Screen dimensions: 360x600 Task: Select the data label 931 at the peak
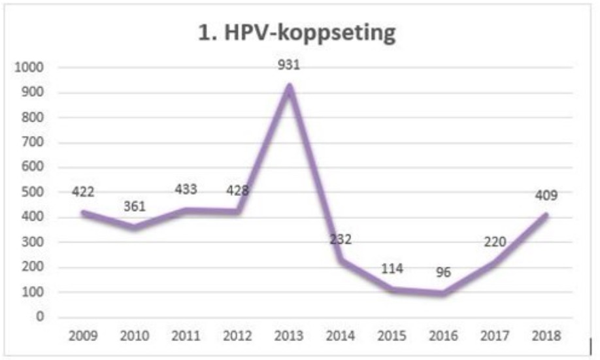288,68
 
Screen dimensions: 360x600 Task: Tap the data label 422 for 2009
83,193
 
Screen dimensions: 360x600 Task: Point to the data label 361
134,208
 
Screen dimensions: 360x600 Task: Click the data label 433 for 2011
186,189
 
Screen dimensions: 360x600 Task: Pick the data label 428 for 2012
237,191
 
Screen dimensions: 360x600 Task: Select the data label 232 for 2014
340,239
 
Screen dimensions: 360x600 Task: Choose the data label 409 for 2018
544,195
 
